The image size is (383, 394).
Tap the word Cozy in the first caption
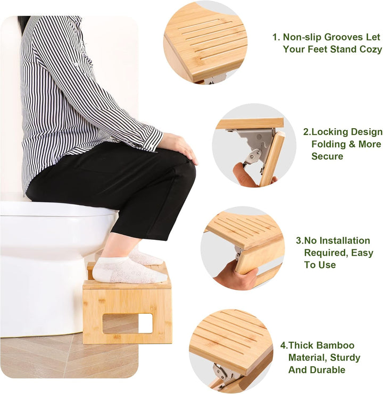pyautogui.click(x=369, y=49)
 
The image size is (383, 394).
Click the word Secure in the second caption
pyautogui.click(x=327, y=156)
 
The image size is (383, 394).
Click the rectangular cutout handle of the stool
pyautogui.click(x=127, y=323)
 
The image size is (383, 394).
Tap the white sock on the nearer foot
pyautogui.click(x=128, y=272)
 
